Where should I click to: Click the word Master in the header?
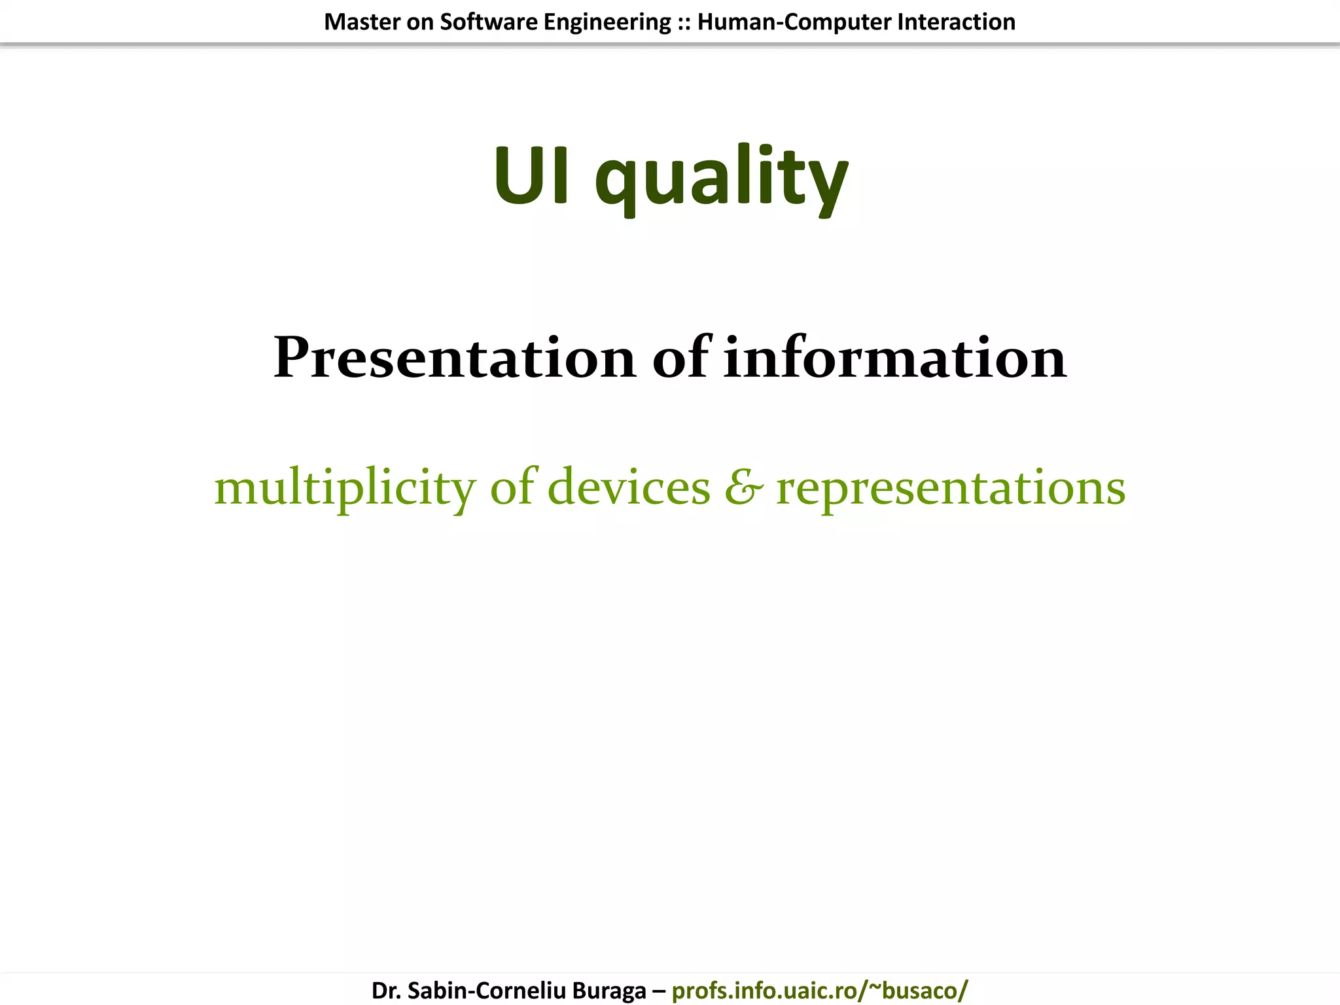click(362, 22)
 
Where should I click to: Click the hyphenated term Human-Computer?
click(794, 22)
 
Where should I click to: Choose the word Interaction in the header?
click(957, 22)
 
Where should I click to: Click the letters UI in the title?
click(531, 175)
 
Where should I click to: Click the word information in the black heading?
click(895, 358)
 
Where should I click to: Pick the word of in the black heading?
click(680, 358)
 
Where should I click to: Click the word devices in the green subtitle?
click(629, 487)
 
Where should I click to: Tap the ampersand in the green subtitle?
click(743, 488)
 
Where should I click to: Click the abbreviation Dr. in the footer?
click(386, 991)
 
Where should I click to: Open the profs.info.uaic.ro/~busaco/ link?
click(820, 991)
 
